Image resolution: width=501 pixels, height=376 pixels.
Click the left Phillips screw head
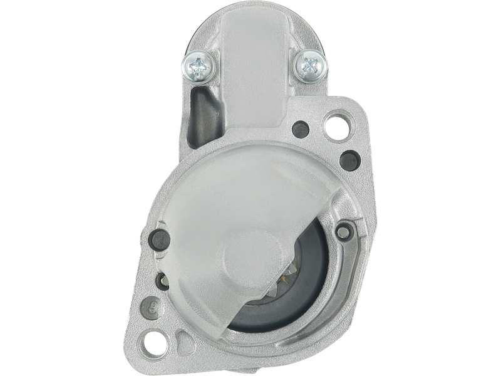[200, 64]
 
